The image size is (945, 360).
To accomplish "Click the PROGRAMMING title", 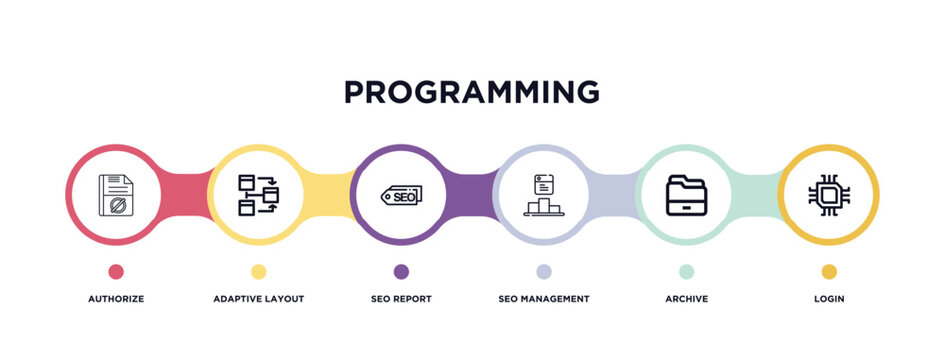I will coord(472,92).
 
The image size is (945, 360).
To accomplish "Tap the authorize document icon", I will coord(116,195).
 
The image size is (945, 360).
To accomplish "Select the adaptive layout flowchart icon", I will coord(258,195).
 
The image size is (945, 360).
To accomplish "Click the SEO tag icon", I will coord(401,195).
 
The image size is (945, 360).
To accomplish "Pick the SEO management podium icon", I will coord(543,195).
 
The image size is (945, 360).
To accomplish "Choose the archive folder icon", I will coord(686,195).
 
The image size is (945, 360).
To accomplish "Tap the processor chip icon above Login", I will coord(829,195).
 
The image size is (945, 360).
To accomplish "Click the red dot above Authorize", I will coord(116,271).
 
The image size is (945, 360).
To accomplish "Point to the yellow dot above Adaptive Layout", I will coord(258,271).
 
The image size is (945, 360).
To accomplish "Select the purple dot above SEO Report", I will coord(401,271).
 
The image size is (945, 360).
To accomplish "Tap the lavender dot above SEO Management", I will coord(543,271).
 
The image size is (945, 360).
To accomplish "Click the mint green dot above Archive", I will coord(686,271).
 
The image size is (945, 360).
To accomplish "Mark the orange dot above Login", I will coord(829,271).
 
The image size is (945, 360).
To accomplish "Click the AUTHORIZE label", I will coord(116,299).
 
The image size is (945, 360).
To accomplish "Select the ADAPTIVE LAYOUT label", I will coord(258,299).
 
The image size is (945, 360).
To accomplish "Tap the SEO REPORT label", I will coord(401,299).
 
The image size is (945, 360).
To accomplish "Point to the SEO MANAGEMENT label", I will coord(543,299).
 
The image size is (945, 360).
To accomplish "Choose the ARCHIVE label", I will coord(686,299).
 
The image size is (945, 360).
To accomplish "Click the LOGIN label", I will coord(829,299).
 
